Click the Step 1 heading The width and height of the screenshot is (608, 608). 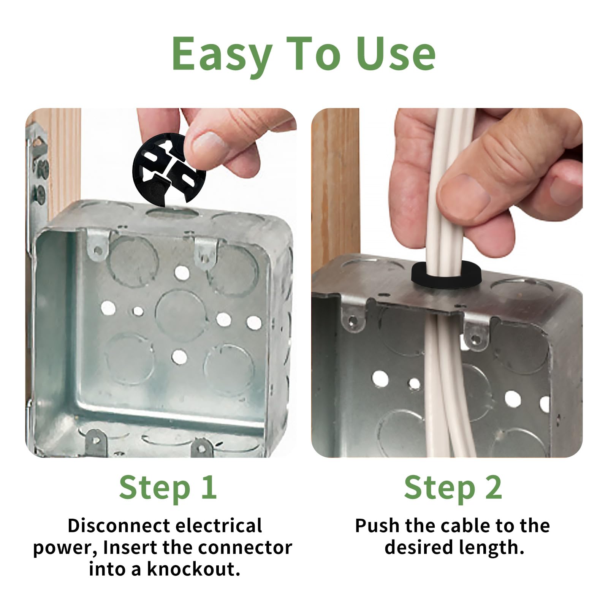pos(168,488)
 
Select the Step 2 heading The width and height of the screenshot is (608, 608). pos(453,488)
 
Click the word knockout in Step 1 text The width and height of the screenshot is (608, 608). pos(193,569)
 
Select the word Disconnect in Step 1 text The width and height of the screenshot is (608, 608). pos(119,526)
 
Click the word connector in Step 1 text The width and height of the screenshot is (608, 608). pos(245,548)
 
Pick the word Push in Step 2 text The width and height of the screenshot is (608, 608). pos(377,526)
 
